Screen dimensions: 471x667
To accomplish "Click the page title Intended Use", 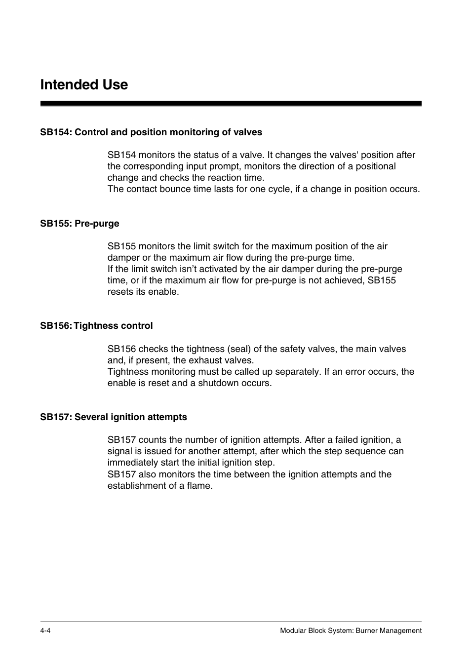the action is tap(84, 85).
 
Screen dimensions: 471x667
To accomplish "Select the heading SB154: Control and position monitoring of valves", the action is tap(151, 132).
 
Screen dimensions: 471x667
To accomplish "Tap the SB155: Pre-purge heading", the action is tap(79, 224).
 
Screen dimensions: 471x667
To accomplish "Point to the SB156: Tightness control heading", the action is tap(96, 326).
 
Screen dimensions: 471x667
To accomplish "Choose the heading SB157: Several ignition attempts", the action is tap(114, 417).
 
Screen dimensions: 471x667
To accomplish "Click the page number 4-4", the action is tap(45, 630).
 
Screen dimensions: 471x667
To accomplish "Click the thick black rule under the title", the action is tap(231, 104).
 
